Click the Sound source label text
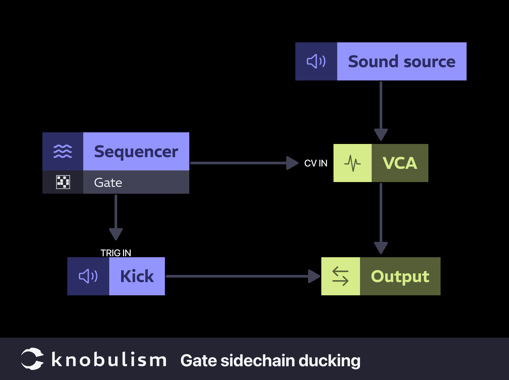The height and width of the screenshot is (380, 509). pyautogui.click(x=401, y=62)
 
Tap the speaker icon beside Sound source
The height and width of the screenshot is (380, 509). pyautogui.click(x=316, y=61)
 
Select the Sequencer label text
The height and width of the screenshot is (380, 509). pyautogui.click(x=136, y=152)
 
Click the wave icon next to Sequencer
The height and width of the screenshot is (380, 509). pyautogui.click(x=63, y=151)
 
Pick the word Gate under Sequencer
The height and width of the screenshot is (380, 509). pyautogui.click(x=108, y=183)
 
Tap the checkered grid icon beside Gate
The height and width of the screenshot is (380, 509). pyautogui.click(x=63, y=182)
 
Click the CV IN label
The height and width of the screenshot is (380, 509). pyautogui.click(x=315, y=163)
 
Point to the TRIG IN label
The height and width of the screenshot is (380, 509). pyautogui.click(x=116, y=253)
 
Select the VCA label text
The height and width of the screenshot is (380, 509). pyautogui.click(x=400, y=163)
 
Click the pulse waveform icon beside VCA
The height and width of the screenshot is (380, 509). pyautogui.click(x=352, y=163)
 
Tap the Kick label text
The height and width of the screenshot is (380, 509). pyautogui.click(x=137, y=276)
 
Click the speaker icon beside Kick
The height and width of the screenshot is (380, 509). pyautogui.click(x=88, y=276)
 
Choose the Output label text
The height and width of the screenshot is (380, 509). pyautogui.click(x=400, y=276)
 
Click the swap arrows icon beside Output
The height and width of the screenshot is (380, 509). pyautogui.click(x=340, y=276)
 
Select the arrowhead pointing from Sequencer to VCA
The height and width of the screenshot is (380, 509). pyautogui.click(x=292, y=163)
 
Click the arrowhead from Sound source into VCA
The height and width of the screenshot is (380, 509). pyautogui.click(x=381, y=134)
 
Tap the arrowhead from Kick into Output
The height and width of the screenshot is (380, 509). pyautogui.click(x=314, y=276)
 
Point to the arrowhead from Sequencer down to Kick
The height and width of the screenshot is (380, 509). pyautogui.click(x=116, y=234)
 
